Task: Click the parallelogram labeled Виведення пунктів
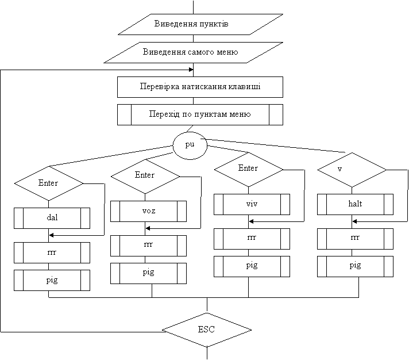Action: (x=200, y=24)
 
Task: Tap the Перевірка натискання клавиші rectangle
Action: (x=200, y=87)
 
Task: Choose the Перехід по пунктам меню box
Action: (x=200, y=114)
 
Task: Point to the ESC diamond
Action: (x=206, y=330)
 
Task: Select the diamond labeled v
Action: (x=352, y=170)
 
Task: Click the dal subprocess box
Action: (x=52, y=218)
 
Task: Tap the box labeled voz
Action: (x=148, y=211)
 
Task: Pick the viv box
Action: (x=252, y=204)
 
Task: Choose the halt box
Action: (x=355, y=204)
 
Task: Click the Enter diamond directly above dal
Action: (x=48, y=183)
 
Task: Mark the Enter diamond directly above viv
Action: (x=248, y=169)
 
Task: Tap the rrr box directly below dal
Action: (x=52, y=252)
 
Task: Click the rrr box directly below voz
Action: (x=148, y=246)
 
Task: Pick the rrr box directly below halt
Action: (x=355, y=239)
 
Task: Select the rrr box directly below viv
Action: (x=252, y=239)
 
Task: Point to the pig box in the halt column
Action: (x=355, y=266)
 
